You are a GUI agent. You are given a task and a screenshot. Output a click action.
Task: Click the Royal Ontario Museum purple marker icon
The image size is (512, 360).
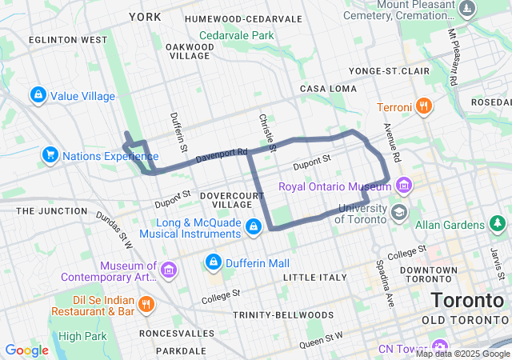[404, 186]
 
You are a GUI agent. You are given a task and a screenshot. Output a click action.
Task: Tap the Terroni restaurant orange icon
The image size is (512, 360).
[424, 106]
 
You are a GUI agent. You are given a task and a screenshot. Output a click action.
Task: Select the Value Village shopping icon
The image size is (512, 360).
[38, 96]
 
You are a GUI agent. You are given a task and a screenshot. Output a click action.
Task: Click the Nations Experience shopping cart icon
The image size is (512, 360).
[50, 155]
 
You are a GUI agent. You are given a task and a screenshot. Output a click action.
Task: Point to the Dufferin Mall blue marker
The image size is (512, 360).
[214, 262]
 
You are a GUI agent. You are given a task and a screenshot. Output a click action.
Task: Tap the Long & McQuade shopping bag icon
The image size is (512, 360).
[253, 227]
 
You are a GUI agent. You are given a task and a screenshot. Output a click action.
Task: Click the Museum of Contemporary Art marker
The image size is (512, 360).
[168, 271]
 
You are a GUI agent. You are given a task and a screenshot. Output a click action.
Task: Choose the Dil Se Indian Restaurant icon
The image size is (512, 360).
[146, 304]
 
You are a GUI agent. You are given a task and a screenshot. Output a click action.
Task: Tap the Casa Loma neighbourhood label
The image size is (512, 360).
[327, 88]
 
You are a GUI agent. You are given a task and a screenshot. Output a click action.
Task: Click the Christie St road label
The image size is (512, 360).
[266, 132]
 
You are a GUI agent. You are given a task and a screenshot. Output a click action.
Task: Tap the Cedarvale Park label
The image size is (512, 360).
[236, 35]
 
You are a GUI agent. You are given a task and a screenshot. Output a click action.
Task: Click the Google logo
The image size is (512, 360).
[26, 350]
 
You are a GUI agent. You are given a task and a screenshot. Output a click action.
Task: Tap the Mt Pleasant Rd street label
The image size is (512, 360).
[454, 58]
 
